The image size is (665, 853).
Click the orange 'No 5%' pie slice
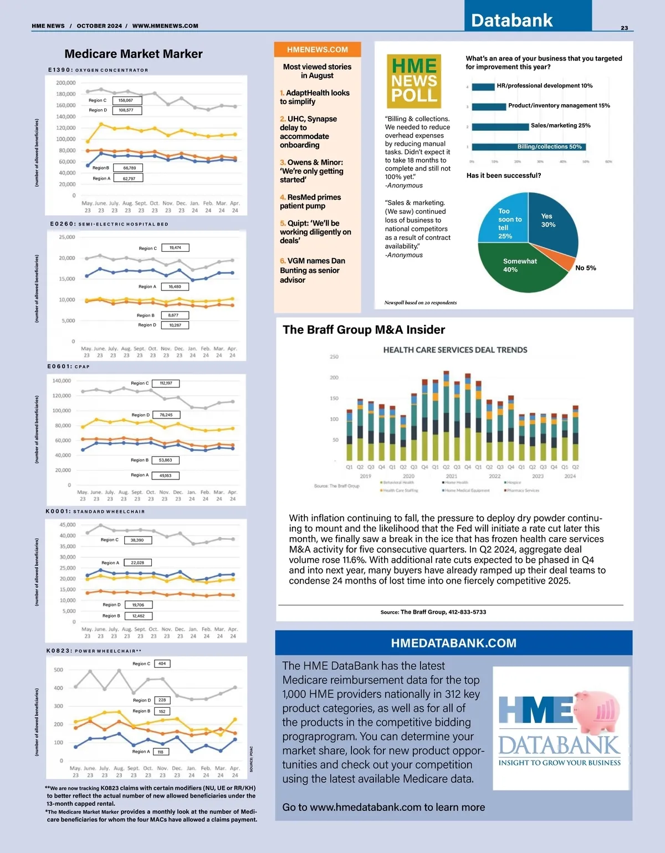[564, 259]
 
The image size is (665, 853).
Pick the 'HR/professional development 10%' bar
[483, 86]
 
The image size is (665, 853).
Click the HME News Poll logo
[413, 81]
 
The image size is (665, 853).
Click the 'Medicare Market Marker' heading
[134, 54]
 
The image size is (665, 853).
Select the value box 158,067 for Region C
[126, 100]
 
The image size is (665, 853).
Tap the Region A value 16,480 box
[175, 287]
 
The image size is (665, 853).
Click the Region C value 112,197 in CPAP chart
[166, 383]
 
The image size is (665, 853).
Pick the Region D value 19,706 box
[139, 605]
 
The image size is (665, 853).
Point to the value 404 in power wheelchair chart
[162, 663]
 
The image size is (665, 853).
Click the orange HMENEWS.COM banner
[317, 49]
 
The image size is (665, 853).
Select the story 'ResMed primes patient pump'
[310, 201]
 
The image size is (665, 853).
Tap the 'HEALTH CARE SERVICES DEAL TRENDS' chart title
[455, 350]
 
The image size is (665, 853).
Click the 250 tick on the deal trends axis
[334, 357]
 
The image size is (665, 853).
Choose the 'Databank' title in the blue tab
[511, 21]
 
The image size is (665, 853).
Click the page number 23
[624, 28]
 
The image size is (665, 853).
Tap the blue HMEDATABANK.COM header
[453, 643]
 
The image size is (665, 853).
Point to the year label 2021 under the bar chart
[452, 476]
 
